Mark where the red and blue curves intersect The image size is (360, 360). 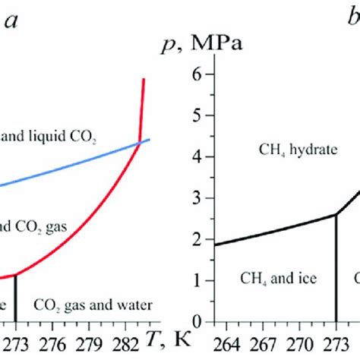click(x=139, y=143)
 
